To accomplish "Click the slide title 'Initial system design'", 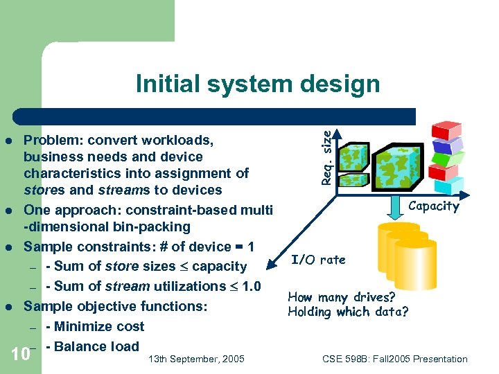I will tap(258, 84).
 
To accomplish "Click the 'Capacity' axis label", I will tap(433, 206).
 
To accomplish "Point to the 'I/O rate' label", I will tap(318, 260).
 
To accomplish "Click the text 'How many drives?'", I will tap(342, 297).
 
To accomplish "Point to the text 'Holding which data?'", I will tap(348, 312).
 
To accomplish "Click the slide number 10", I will tap(21, 355).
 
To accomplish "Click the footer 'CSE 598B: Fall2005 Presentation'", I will tap(395, 359).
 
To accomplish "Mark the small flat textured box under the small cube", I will tap(353, 181).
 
